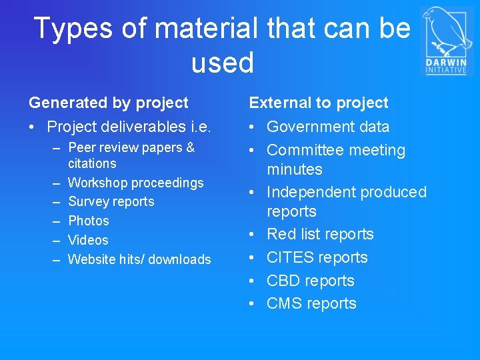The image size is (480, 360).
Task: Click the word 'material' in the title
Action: [202, 29]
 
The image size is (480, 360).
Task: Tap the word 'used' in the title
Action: [223, 63]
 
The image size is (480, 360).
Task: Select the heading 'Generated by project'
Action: [109, 103]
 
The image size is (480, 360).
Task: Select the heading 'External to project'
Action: [319, 103]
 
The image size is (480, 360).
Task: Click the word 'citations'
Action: [92, 163]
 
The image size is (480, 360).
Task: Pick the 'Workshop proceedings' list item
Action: [136, 183]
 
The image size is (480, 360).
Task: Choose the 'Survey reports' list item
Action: [111, 201]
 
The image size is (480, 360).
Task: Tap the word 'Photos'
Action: [89, 221]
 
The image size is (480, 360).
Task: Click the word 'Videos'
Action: [88, 240]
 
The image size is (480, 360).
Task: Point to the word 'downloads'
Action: [179, 259]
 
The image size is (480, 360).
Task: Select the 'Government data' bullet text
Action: [328, 127]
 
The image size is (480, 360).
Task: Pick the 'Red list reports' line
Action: [320, 234]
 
